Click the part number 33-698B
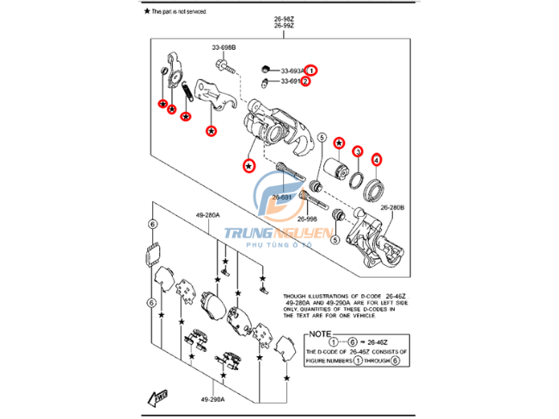(x=224, y=47)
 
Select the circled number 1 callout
(x=312, y=70)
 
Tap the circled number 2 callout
(x=304, y=82)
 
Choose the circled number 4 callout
(x=376, y=159)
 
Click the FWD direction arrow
(x=158, y=397)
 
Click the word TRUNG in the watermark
(x=250, y=232)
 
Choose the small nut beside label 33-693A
(x=264, y=69)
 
